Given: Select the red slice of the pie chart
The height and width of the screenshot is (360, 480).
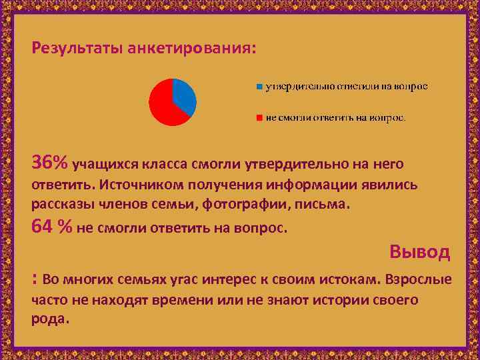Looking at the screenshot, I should pos(163,107).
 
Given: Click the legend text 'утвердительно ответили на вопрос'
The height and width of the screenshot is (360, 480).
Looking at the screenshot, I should pos(346,87).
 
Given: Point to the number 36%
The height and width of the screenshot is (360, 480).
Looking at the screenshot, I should pos(50,163).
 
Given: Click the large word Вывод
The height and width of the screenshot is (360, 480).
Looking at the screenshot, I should pos(420,252).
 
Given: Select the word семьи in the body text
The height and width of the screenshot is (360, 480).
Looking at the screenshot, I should pos(157,204).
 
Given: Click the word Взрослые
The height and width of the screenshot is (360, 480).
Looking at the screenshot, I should pos(417,279).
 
